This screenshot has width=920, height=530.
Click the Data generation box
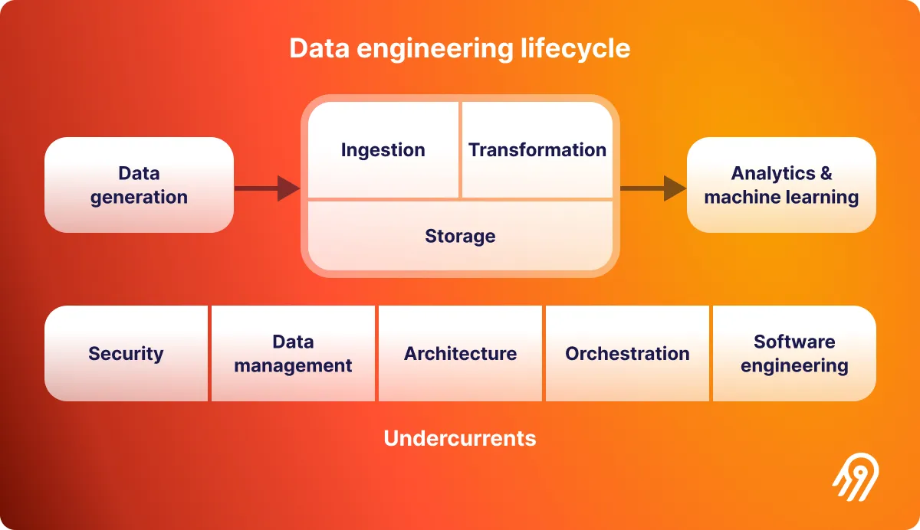click(x=139, y=185)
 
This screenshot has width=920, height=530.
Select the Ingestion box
click(x=383, y=150)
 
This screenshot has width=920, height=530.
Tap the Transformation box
click(x=537, y=150)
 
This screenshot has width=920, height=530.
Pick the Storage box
click(x=460, y=236)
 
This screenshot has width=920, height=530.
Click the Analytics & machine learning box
click(x=781, y=185)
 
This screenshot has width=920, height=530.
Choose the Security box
click(x=126, y=354)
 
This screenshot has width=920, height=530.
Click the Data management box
click(x=293, y=354)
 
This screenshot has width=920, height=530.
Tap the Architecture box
click(x=460, y=354)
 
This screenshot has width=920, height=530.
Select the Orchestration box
click(x=627, y=354)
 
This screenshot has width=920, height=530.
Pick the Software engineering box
click(x=794, y=354)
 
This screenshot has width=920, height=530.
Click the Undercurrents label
click(x=460, y=438)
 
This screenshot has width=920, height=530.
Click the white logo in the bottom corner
click(x=856, y=480)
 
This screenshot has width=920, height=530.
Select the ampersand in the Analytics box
click(x=825, y=174)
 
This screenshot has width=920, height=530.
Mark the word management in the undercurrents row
click(x=293, y=366)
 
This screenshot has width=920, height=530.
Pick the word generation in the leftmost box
click(x=139, y=198)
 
